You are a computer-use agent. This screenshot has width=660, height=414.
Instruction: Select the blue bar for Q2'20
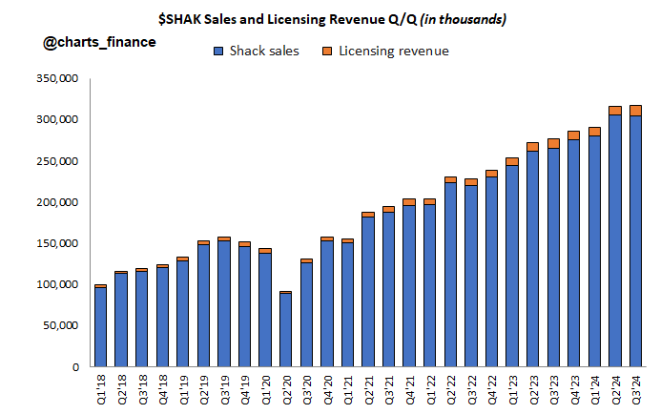pyautogui.click(x=285, y=330)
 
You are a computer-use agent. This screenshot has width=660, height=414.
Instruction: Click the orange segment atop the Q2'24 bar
pyautogui.click(x=615, y=110)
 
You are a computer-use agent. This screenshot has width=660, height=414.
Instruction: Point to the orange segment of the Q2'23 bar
pyautogui.click(x=532, y=147)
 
